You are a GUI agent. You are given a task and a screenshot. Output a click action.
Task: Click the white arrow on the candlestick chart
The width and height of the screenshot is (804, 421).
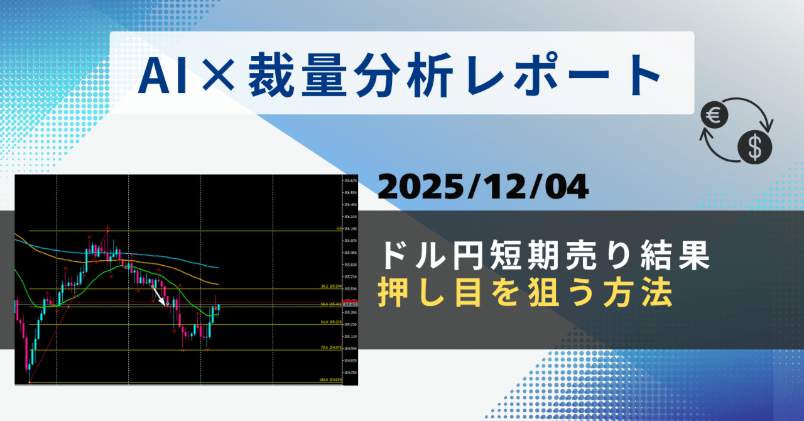(159, 295)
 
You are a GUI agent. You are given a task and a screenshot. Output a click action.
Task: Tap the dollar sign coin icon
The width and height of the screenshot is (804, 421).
(755, 148)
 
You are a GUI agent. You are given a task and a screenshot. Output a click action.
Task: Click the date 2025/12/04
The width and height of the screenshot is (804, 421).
(483, 187)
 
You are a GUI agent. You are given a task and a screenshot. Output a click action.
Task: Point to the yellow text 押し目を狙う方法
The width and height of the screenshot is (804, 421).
(524, 293)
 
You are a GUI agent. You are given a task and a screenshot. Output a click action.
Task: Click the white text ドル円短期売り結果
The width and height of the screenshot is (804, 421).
(545, 258)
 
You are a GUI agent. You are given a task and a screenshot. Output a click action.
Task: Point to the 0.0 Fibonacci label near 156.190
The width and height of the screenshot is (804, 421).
(338, 229)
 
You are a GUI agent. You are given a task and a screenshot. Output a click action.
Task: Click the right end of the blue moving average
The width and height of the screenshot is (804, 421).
(218, 267)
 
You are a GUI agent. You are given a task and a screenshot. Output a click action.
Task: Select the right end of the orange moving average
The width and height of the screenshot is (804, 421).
(218, 285)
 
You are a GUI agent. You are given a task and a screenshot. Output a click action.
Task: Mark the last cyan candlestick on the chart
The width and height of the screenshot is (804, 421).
(218, 307)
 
